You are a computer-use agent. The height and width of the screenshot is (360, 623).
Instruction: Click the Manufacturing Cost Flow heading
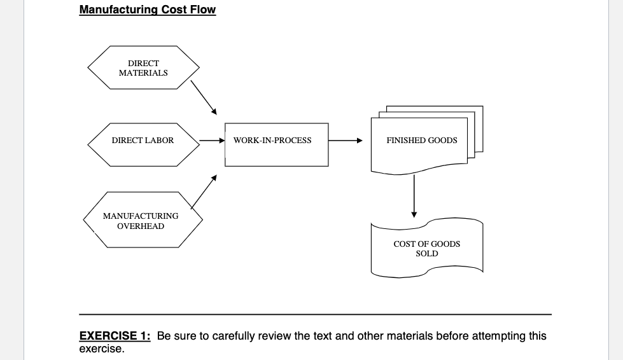[x=147, y=10]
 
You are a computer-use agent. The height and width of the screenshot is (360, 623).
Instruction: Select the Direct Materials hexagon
[x=143, y=68]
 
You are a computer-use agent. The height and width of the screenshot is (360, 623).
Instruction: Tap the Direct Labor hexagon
[x=143, y=141]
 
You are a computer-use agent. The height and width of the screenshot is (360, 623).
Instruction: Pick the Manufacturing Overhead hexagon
[x=141, y=221]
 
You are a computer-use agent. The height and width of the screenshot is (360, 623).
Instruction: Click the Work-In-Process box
[x=276, y=141]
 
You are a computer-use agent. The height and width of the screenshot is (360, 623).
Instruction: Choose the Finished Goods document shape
[x=421, y=141]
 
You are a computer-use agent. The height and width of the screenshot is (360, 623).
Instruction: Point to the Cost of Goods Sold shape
[x=426, y=249]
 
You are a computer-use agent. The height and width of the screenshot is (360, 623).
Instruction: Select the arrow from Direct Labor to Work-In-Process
[x=212, y=141]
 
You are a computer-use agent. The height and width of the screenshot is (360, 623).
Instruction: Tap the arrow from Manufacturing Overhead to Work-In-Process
[x=204, y=191]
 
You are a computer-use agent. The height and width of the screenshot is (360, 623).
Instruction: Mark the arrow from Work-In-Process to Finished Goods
[x=346, y=141]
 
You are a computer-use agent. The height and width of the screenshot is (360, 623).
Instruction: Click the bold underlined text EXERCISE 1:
[x=115, y=336]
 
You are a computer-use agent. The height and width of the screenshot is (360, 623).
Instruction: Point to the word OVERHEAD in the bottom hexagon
[x=141, y=226]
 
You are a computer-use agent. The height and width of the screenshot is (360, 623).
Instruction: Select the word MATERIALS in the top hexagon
[x=143, y=73]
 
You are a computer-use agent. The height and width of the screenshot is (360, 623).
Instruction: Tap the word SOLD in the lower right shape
[x=426, y=254]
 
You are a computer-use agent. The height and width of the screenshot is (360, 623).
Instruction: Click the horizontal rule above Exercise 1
[x=315, y=314]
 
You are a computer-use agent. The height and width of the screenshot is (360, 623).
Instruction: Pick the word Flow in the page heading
[x=202, y=10]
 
